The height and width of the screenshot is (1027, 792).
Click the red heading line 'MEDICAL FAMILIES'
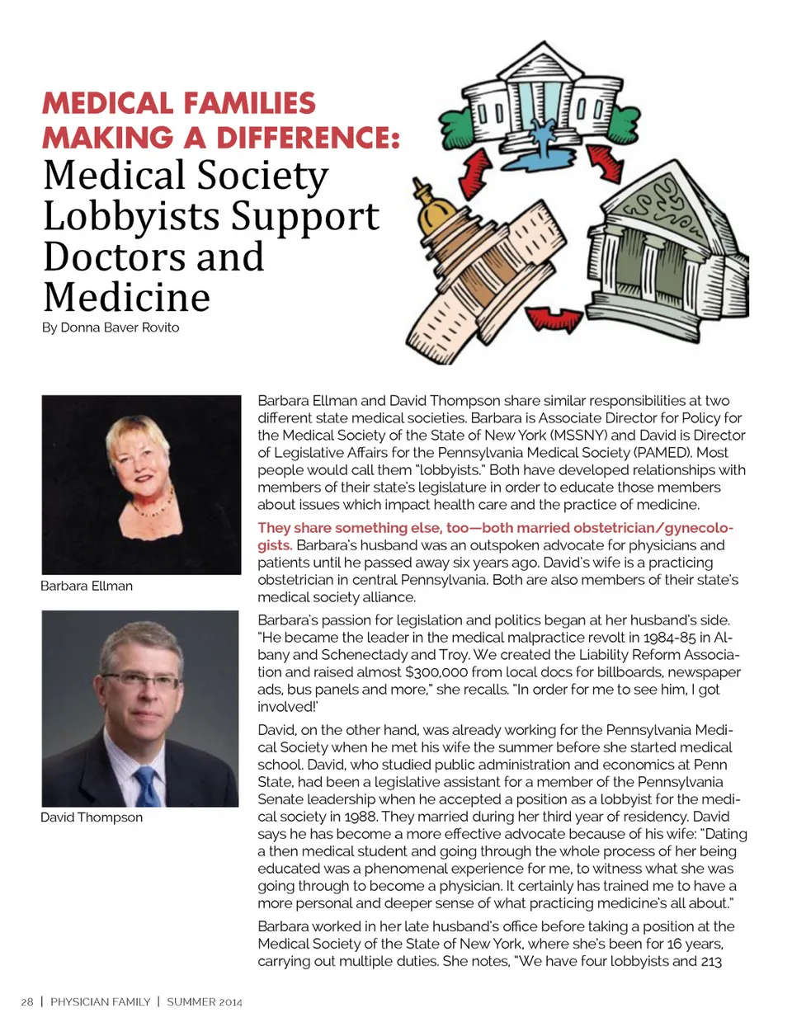pos(179,103)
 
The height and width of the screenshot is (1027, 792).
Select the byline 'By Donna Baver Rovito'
pos(111,327)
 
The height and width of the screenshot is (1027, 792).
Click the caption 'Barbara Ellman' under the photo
pos(87,586)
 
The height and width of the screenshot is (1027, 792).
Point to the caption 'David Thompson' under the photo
pos(92,817)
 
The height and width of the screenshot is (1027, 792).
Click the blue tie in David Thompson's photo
pos(147,784)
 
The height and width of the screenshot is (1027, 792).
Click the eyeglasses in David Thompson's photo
pos(141,680)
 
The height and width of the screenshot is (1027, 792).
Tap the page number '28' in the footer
pos(27,1001)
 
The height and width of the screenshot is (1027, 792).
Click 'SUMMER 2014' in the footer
pos(205,1001)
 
